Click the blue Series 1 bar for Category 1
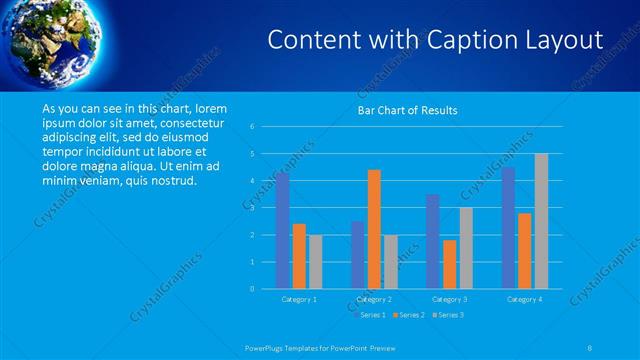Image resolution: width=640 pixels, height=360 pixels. click(282, 231)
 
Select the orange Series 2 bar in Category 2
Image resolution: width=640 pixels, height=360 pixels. click(374, 229)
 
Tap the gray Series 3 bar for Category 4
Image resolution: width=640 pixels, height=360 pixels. click(541, 221)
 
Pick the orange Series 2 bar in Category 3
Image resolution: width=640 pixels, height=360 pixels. click(450, 264)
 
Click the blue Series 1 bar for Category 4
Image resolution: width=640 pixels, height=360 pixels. click(508, 228)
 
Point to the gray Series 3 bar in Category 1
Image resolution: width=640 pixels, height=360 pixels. click(315, 262)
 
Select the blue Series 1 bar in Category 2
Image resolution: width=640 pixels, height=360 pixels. click(357, 255)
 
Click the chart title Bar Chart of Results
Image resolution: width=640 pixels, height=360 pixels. click(408, 110)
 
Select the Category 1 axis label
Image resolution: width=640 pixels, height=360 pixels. click(299, 299)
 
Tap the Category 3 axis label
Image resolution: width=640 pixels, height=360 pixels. click(450, 299)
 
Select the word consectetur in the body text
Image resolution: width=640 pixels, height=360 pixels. click(189, 123)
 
